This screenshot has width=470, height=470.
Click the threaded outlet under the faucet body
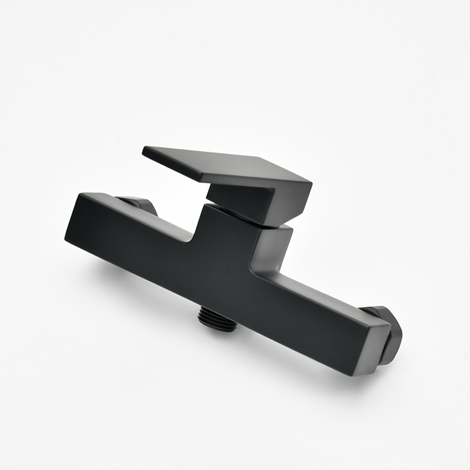(x=217, y=319)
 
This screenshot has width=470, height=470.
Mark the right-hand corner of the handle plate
(x=310, y=184)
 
